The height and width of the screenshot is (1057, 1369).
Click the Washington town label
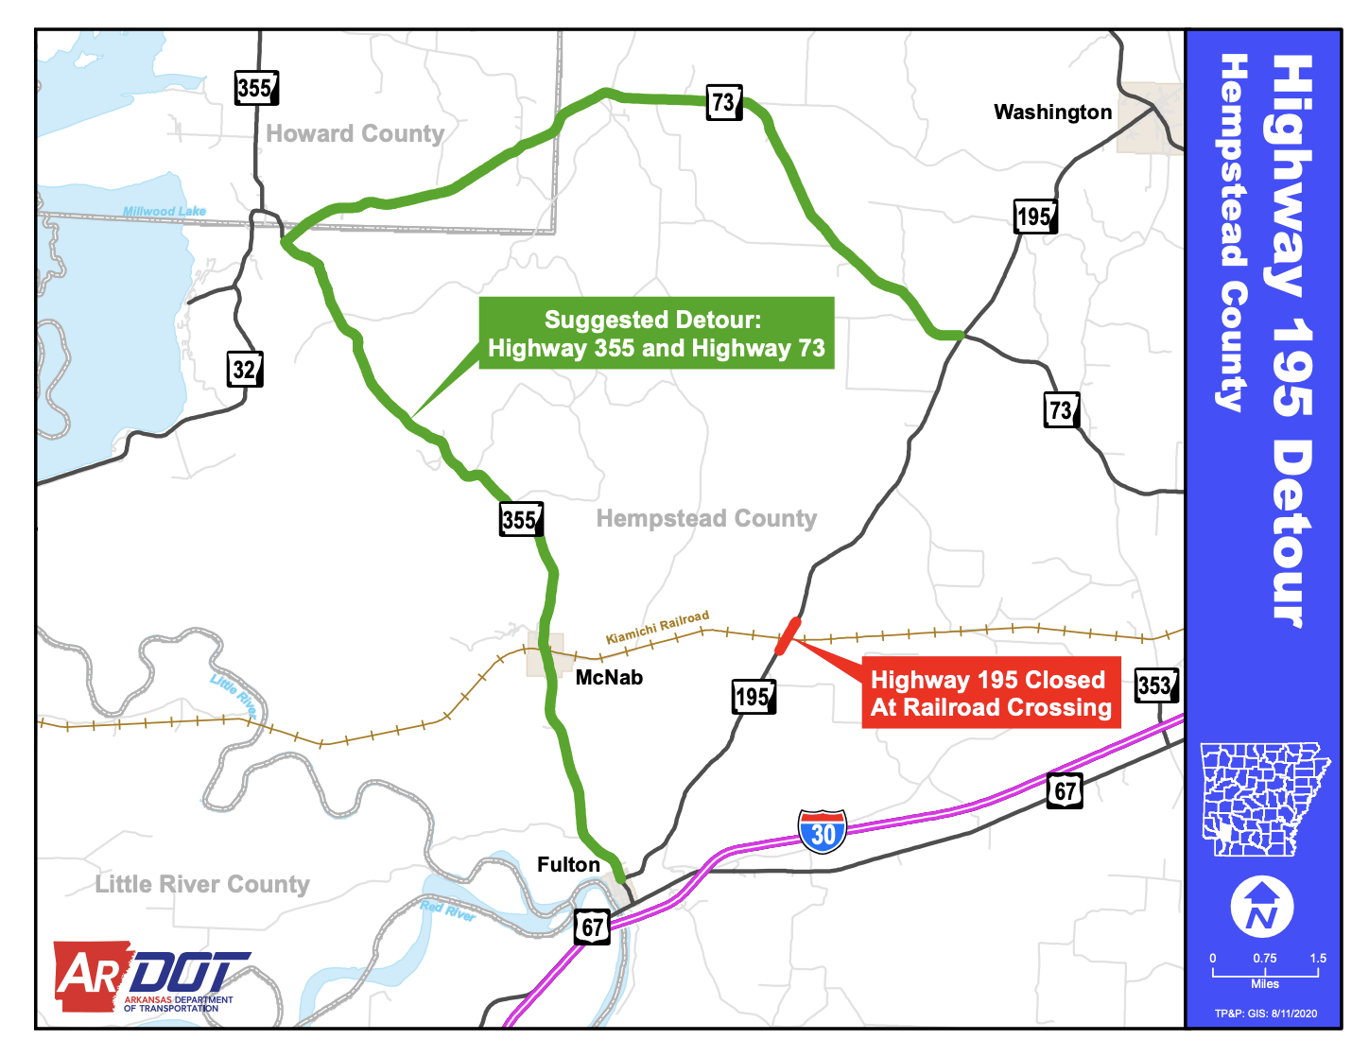[x=1052, y=113]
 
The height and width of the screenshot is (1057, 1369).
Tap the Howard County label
[x=355, y=134]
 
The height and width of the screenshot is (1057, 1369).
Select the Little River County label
[x=202, y=884]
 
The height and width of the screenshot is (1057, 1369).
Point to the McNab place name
[x=609, y=678]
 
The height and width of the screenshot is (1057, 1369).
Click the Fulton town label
[x=568, y=865]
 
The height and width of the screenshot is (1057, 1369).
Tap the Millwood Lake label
[x=165, y=212]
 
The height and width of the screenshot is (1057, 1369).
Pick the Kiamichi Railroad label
[x=657, y=627]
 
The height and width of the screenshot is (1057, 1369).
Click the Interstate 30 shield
[x=823, y=832]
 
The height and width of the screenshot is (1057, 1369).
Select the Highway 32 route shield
[x=245, y=369]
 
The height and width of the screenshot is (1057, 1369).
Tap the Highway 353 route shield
[x=1155, y=685]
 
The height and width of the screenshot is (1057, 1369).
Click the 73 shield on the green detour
[x=724, y=102]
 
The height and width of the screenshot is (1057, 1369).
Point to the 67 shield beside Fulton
[x=592, y=927]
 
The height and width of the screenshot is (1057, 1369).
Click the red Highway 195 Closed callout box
[x=990, y=693]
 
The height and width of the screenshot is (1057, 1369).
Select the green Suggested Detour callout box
[x=656, y=334]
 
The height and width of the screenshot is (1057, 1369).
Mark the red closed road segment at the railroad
[x=788, y=635]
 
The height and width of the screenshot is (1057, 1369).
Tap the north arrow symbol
[x=1261, y=906]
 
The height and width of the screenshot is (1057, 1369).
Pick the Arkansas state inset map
[x=1264, y=799]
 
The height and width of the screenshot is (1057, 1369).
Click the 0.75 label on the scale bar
[x=1264, y=959]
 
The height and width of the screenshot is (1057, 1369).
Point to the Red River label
[x=448, y=912]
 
